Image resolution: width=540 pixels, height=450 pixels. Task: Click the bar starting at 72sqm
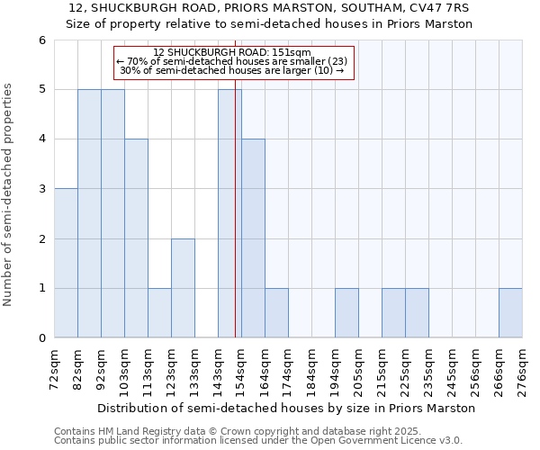coord(66,263)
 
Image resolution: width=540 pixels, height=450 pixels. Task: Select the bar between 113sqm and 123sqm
coord(159,312)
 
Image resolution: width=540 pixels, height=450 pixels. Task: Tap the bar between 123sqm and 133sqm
coord(183,288)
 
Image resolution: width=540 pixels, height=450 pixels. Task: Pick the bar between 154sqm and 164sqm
coord(253,238)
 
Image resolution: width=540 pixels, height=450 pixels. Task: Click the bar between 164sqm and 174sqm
coord(276,312)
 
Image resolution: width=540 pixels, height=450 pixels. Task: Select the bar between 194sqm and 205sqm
coord(346,312)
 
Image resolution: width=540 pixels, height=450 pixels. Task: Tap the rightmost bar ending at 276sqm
coord(510,312)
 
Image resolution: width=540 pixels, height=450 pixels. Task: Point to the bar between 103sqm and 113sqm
coord(136,238)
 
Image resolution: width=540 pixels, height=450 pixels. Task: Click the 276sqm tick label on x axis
coord(523,370)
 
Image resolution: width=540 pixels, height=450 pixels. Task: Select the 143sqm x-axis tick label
coord(219,370)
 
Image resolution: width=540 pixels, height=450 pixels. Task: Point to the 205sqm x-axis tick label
coord(359,370)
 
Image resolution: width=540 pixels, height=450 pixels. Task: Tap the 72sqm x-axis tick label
coord(55,370)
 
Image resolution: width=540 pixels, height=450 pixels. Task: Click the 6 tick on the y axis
coord(41,40)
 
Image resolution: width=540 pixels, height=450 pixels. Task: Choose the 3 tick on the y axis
coord(41,189)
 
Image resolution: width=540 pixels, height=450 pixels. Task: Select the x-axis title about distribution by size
coord(286,408)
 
